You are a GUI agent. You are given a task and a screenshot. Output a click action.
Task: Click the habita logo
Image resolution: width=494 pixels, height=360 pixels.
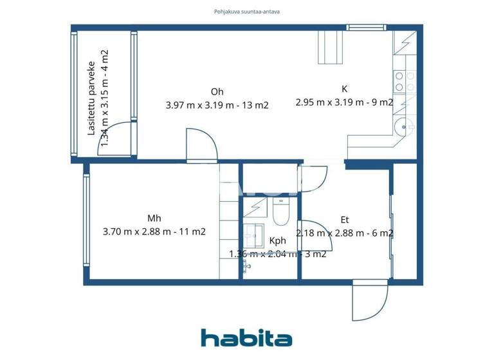coord(246,338)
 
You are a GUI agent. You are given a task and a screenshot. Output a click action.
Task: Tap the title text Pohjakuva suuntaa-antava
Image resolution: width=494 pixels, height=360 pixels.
coord(247,11)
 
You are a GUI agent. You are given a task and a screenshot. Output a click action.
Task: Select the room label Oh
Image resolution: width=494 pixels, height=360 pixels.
coord(217,91)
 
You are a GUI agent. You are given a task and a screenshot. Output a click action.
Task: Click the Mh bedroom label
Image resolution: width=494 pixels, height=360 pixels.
coord(154,219)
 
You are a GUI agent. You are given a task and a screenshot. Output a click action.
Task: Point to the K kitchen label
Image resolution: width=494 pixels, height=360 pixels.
coord(344,89)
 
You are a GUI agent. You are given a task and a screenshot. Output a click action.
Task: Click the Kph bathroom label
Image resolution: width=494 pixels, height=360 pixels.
coord(277,241)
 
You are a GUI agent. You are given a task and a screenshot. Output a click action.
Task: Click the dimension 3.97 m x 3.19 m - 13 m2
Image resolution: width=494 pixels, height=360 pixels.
coord(217,105)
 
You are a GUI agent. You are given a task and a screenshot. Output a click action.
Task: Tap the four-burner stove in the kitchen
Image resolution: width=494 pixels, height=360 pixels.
coord(403,82)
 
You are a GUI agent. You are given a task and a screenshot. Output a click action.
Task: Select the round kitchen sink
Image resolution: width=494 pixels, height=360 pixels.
coord(404,126)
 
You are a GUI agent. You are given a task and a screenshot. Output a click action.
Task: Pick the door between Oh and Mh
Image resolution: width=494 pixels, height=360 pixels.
coord(201,145)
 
